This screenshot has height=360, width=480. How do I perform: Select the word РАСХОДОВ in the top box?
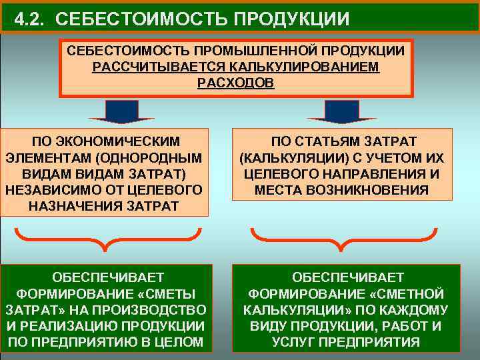coord(235,83)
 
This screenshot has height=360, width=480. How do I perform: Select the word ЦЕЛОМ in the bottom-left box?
coord(178,342)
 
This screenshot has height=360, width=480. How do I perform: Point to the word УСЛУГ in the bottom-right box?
coord(294,342)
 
